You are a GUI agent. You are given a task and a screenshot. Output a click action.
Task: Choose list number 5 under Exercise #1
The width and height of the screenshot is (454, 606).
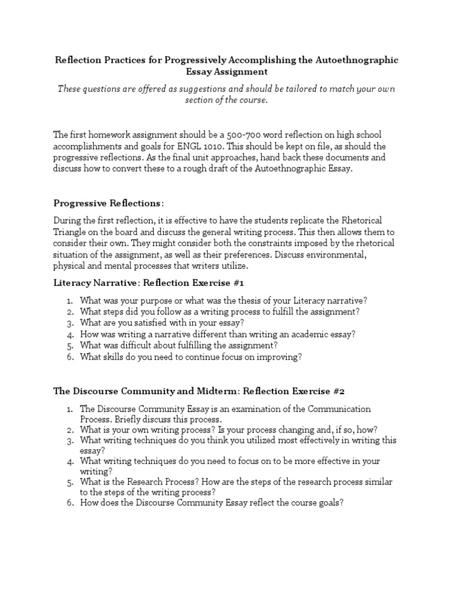69,345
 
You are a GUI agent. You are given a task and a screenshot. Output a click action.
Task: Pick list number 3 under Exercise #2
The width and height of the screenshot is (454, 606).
69,441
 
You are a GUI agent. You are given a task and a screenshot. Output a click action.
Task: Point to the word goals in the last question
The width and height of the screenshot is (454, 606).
327,502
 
